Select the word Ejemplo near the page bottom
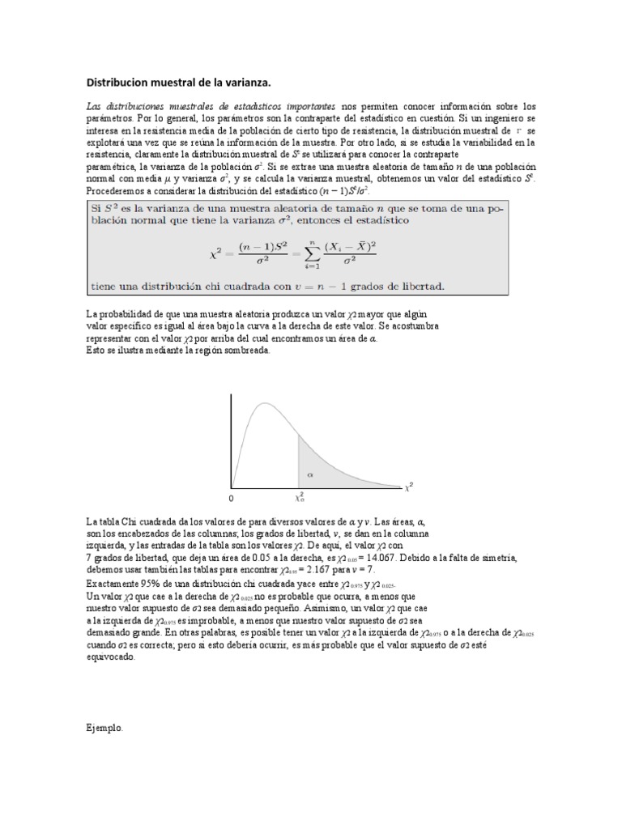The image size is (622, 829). [x=105, y=728]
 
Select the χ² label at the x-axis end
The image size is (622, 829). [x=409, y=487]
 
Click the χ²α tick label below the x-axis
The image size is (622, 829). [x=299, y=497]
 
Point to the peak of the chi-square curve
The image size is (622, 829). [x=259, y=402]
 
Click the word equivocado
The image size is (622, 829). [x=111, y=657]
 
